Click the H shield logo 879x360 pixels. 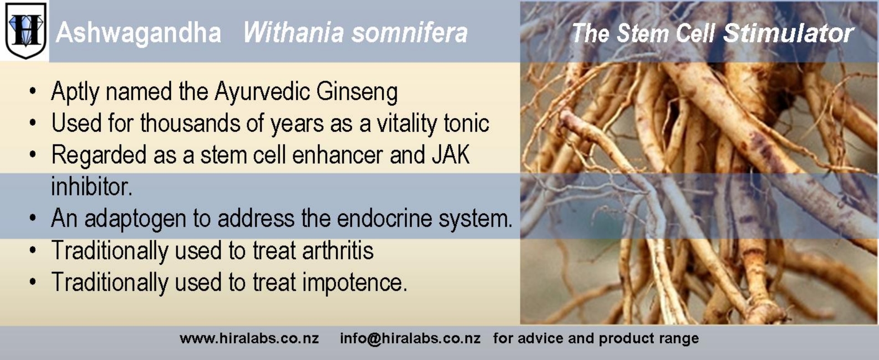pos(26,30)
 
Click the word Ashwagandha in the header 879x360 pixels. pos(139,33)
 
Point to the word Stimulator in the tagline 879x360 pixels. pos(788,33)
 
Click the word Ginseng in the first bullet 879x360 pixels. pos(357,92)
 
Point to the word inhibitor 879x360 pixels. pos(92,186)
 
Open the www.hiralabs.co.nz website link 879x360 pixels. pos(249,338)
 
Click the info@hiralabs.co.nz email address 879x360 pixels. pos(410,339)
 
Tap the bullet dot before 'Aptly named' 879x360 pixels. pos(32,92)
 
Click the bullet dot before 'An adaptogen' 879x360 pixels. pos(32,219)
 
